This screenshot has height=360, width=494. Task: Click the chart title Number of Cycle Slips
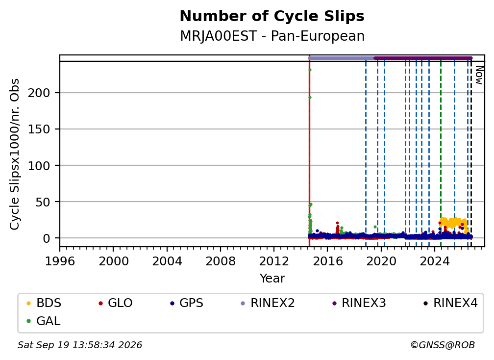[x=272, y=16]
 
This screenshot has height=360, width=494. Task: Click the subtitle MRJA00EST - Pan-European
[x=272, y=36]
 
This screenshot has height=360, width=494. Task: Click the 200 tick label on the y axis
[x=39, y=93]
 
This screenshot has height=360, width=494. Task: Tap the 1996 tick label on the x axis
[x=60, y=261]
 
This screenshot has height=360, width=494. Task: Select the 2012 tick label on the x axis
[x=274, y=261]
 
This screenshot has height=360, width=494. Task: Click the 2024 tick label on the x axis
[x=434, y=261]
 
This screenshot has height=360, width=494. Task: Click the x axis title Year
[x=272, y=279]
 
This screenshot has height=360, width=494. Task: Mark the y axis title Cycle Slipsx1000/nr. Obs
[x=15, y=154]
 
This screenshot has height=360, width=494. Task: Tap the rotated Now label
[x=479, y=75]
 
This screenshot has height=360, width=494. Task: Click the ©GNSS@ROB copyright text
[x=443, y=345]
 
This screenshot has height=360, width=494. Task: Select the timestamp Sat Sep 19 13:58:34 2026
[x=80, y=345]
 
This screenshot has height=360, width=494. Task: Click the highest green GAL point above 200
[x=310, y=70]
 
